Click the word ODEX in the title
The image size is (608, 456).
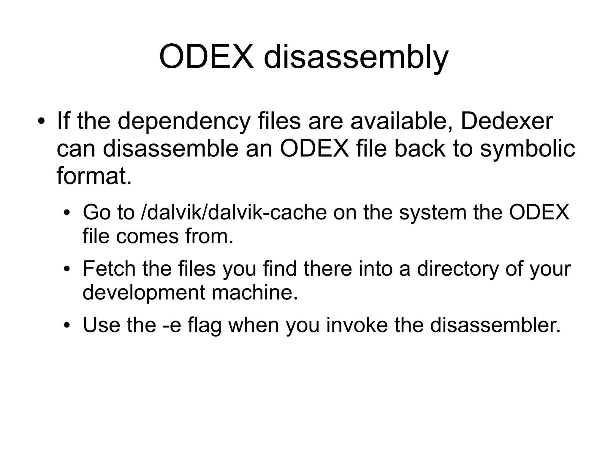pyautogui.click(x=206, y=56)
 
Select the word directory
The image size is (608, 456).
pyautogui.click(x=457, y=269)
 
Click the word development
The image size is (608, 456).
pyautogui.click(x=143, y=293)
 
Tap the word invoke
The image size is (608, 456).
pyautogui.click(x=357, y=325)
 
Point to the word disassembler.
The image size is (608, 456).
pyautogui.click(x=495, y=325)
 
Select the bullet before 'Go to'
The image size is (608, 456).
pyautogui.click(x=68, y=213)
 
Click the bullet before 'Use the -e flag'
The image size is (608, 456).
pyautogui.click(x=68, y=325)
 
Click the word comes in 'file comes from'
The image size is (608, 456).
pyautogui.click(x=148, y=236)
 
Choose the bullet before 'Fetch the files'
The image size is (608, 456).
pyautogui.click(x=68, y=269)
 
